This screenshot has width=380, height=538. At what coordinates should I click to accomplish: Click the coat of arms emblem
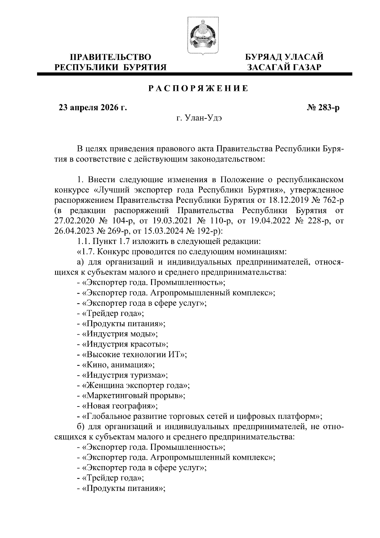[x=201, y=36]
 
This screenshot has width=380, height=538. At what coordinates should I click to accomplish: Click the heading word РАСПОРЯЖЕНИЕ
[x=199, y=89]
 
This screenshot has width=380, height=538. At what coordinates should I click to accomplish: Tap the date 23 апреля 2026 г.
[x=92, y=108]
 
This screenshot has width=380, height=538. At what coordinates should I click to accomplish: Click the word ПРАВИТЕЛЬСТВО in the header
[x=111, y=57]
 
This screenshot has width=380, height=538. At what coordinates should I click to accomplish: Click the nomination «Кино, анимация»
[x=117, y=365]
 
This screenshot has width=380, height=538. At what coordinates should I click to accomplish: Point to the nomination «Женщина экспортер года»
[x=135, y=385]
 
